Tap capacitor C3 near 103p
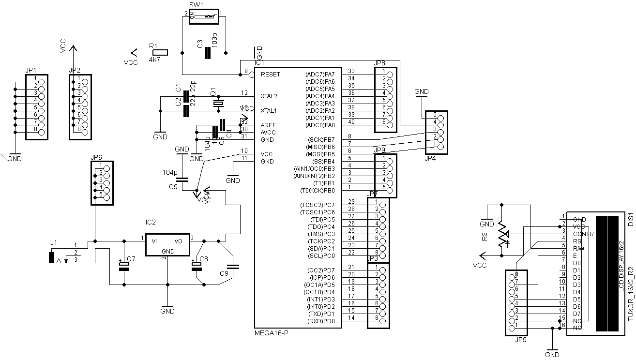[208, 53]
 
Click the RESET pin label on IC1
[270, 75]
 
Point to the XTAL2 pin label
[269, 96]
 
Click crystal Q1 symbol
[219, 103]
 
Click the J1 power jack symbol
[52, 257]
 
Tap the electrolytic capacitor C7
[124, 265]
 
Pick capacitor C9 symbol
[233, 266]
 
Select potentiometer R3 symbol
[502, 235]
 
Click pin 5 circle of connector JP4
[440, 116]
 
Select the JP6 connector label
[96, 157]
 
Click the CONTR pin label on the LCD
[583, 234]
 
